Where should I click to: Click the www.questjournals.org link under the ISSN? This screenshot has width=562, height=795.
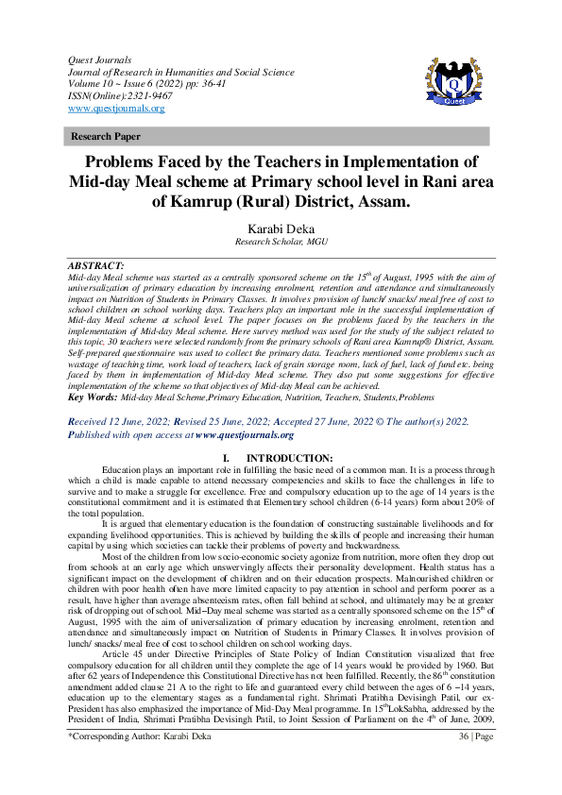point(111,109)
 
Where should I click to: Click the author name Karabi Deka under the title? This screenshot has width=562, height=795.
point(281,228)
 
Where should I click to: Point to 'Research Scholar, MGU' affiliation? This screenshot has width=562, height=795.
point(281,242)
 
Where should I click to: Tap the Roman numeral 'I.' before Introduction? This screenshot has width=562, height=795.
point(228,457)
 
